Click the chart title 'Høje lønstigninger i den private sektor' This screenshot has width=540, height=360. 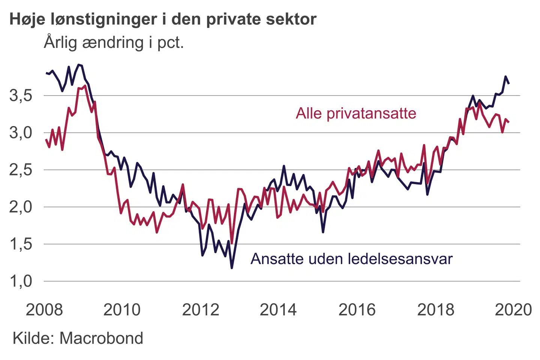pyautogui.click(x=163, y=19)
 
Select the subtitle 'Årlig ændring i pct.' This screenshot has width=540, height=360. pyautogui.click(x=114, y=42)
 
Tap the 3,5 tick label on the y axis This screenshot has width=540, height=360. pyautogui.click(x=21, y=96)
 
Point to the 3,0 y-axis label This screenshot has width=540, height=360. pyautogui.click(x=21, y=133)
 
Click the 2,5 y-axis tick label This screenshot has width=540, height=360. pyautogui.click(x=21, y=170)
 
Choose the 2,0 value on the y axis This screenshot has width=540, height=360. pyautogui.click(x=21, y=207)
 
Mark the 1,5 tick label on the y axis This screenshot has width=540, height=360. pyautogui.click(x=21, y=244)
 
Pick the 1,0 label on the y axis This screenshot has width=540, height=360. pyautogui.click(x=21, y=281)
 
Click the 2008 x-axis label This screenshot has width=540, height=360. pyautogui.click(x=44, y=310)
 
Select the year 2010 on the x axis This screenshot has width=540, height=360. pyautogui.click(x=122, y=310)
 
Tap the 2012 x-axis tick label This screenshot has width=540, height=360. pyautogui.click(x=200, y=310)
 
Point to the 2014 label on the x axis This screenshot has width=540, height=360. pyautogui.click(x=278, y=310)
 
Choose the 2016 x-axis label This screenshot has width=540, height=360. pyautogui.click(x=357, y=310)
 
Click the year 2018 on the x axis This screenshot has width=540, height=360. pyautogui.click(x=435, y=310)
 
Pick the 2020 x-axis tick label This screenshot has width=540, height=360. pyautogui.click(x=513, y=310)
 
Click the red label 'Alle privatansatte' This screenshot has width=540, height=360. pyautogui.click(x=356, y=113)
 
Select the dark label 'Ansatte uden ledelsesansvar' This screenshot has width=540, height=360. pyautogui.click(x=351, y=259)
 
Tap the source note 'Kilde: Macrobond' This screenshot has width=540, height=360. pyautogui.click(x=78, y=338)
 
